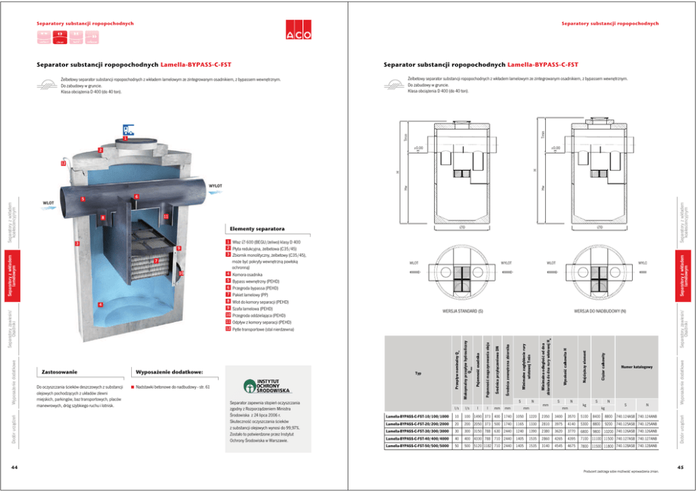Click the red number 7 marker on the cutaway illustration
pyautogui.click(x=155, y=261)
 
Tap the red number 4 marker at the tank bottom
pyautogui.click(x=100, y=305)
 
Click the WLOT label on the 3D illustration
pyautogui.click(x=48, y=204)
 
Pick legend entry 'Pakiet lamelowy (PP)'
pyautogui.click(x=252, y=294)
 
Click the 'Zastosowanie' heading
pyautogui.click(x=60, y=371)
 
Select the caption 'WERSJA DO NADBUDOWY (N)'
pyautogui.click(x=600, y=310)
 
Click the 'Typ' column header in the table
pyautogui.click(x=418, y=373)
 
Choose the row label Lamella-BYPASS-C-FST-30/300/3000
pyautogui.click(x=417, y=432)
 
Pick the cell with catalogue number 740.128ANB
pyautogui.click(x=647, y=446)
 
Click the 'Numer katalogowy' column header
pyautogui.click(x=636, y=367)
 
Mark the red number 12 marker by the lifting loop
pyautogui.click(x=63, y=163)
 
